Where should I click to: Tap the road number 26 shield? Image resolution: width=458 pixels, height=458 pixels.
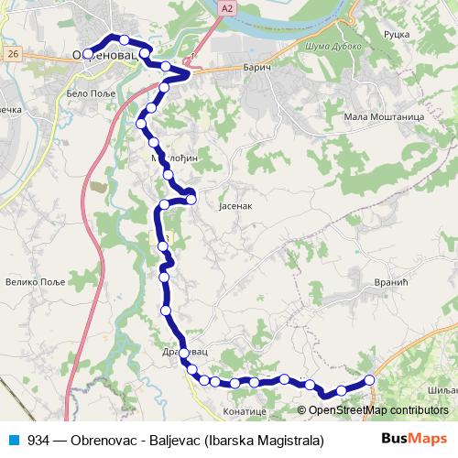click(x=12, y=55)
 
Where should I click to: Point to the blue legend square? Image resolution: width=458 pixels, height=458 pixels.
click(x=13, y=440)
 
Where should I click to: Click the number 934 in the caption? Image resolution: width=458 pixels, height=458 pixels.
click(x=38, y=440)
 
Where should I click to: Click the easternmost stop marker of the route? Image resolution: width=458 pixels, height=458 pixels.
click(x=370, y=379)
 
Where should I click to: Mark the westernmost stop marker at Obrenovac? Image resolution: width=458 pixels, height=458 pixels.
click(x=88, y=54)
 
